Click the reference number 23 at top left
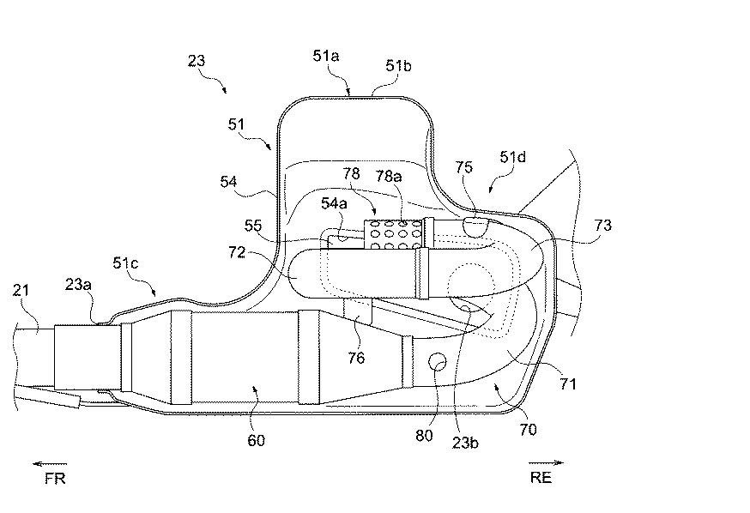[197, 61]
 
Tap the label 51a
[326, 56]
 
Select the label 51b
[398, 65]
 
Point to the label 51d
[513, 157]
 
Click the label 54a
[334, 203]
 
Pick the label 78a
[389, 177]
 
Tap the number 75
[463, 167]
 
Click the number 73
[602, 225]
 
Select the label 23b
[465, 443]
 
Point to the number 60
[256, 440]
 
